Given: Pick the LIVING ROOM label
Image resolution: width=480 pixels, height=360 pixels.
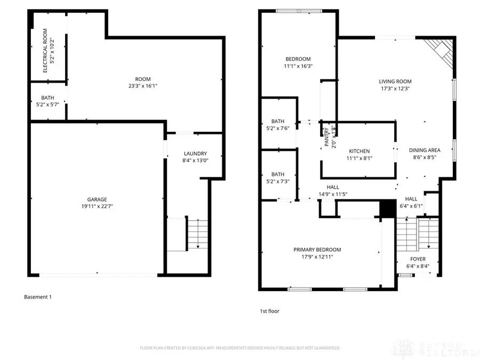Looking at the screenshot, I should coord(395,82).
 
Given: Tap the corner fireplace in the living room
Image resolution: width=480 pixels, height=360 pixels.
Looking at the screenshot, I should coord(441,49).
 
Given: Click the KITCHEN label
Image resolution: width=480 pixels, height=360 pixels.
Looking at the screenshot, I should coord(359,151).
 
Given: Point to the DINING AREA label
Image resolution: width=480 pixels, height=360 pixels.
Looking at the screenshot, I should coord(425,150).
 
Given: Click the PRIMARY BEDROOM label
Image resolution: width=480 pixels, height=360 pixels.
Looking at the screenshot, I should coord(317,249).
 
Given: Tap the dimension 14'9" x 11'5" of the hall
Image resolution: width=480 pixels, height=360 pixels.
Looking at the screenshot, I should coord(333,194).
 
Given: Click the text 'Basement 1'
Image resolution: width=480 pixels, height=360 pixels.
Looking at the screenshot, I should coord(38,297).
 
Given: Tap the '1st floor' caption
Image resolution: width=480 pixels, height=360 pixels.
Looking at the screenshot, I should coord(269,310).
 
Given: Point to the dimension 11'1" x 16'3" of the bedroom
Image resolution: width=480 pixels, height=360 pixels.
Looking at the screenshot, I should coord(298,66).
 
